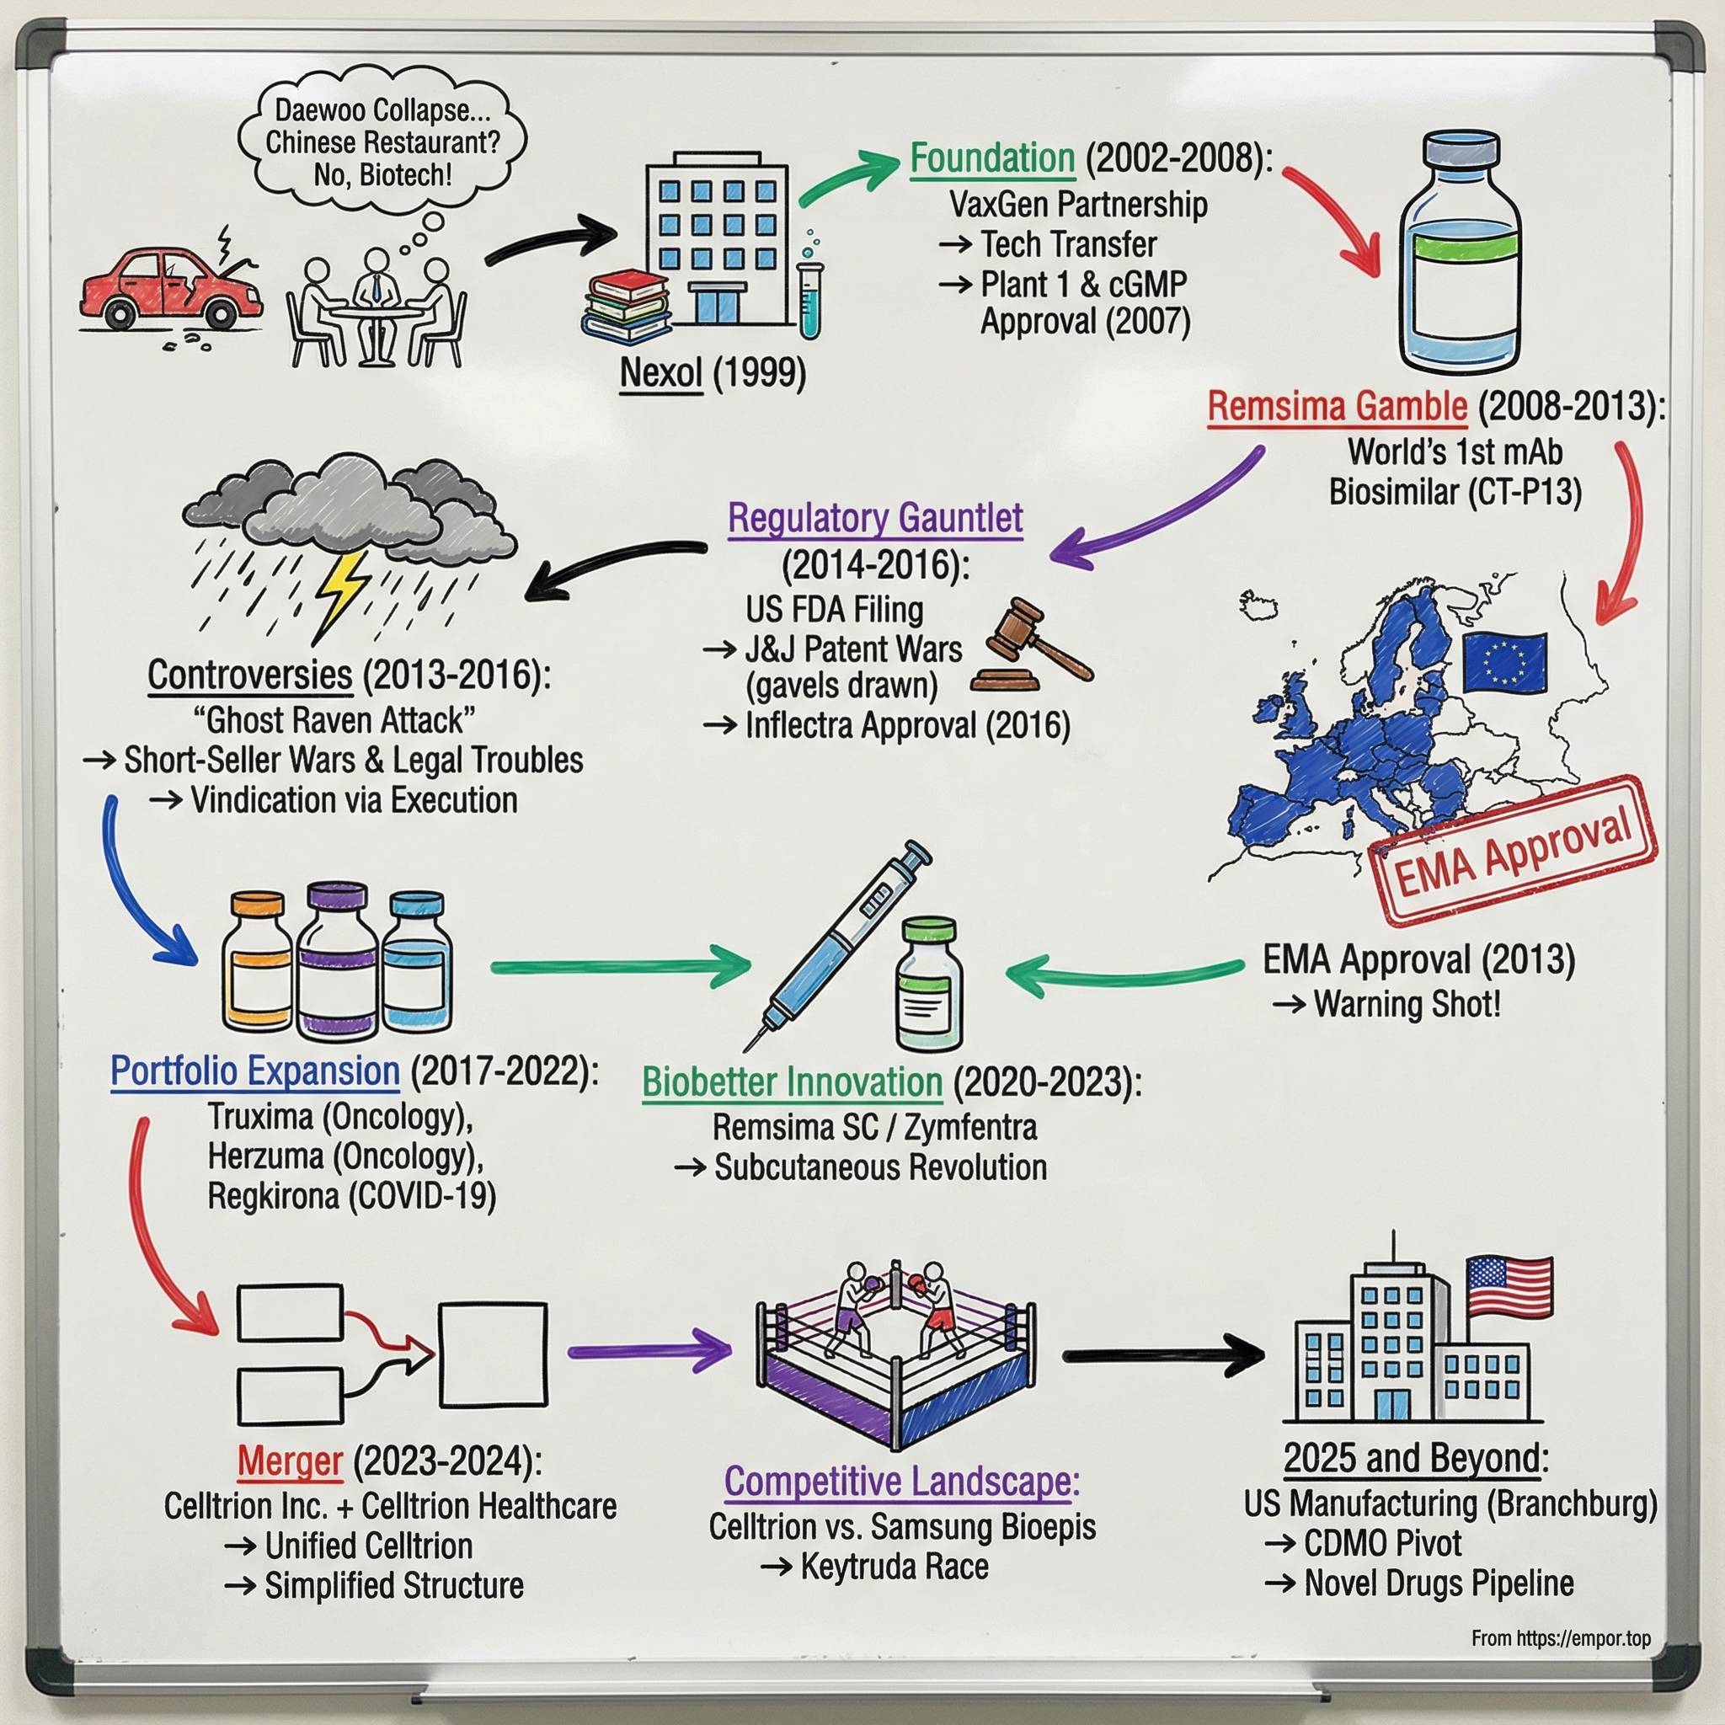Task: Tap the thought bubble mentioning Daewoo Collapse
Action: [382, 141]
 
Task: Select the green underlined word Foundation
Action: [992, 159]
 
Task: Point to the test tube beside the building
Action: [809, 295]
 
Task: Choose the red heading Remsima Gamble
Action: [1337, 407]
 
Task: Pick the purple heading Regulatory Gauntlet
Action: [875, 519]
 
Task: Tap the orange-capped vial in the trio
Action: [256, 964]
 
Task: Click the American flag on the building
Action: [1509, 1285]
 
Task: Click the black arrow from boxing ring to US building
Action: [1161, 1356]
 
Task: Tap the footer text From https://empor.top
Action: [1561, 1638]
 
